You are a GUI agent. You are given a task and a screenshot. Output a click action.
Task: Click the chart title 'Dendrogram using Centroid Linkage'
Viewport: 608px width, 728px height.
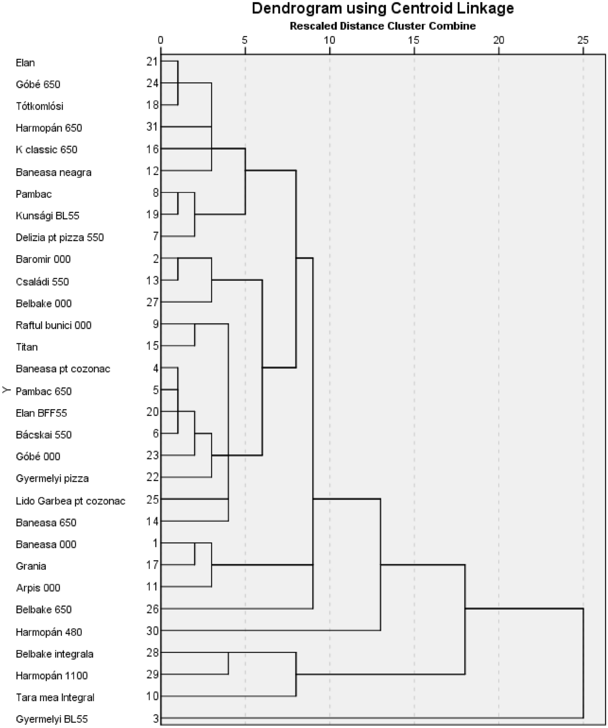[382, 8]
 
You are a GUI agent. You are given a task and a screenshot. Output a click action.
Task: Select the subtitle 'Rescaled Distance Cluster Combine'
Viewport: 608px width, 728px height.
[382, 26]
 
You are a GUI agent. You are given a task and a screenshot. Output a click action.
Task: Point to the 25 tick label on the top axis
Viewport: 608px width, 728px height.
[583, 40]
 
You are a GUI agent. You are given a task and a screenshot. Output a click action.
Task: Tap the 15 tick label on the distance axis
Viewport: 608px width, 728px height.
[414, 40]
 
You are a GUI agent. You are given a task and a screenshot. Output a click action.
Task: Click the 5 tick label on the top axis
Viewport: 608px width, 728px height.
[245, 40]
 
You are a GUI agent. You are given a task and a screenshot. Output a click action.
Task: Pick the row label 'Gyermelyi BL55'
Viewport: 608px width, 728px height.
[52, 719]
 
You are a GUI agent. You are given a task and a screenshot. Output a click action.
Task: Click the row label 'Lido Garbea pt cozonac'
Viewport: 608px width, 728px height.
[71, 501]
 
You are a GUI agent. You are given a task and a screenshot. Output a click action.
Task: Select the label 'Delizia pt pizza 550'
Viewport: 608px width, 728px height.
[60, 237]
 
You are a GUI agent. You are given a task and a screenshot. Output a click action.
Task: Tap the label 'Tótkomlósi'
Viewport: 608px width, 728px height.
[39, 106]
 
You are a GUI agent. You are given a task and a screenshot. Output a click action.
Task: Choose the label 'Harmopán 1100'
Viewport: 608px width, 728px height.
[52, 675]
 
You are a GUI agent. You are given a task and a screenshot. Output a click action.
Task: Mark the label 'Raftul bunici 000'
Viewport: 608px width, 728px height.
[54, 325]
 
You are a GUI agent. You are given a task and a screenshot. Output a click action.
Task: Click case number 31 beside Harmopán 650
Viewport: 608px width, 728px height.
[152, 127]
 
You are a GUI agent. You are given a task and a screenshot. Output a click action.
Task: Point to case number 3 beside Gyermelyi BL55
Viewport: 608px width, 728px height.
[155, 718]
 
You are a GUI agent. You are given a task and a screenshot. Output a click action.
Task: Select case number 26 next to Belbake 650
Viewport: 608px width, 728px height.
[152, 609]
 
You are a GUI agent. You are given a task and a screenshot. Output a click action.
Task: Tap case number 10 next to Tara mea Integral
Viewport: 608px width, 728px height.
[152, 696]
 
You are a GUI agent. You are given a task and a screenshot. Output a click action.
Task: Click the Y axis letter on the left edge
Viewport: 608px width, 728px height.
[6, 390]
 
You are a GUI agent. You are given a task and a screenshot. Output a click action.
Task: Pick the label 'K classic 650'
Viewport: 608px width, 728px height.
[46, 149]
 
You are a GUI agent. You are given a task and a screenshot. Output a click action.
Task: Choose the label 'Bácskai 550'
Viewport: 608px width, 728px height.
[43, 435]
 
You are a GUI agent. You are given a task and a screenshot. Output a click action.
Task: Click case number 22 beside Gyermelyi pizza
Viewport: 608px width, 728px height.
[152, 477]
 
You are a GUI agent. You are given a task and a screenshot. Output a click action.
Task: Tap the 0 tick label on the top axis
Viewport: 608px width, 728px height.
[161, 40]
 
